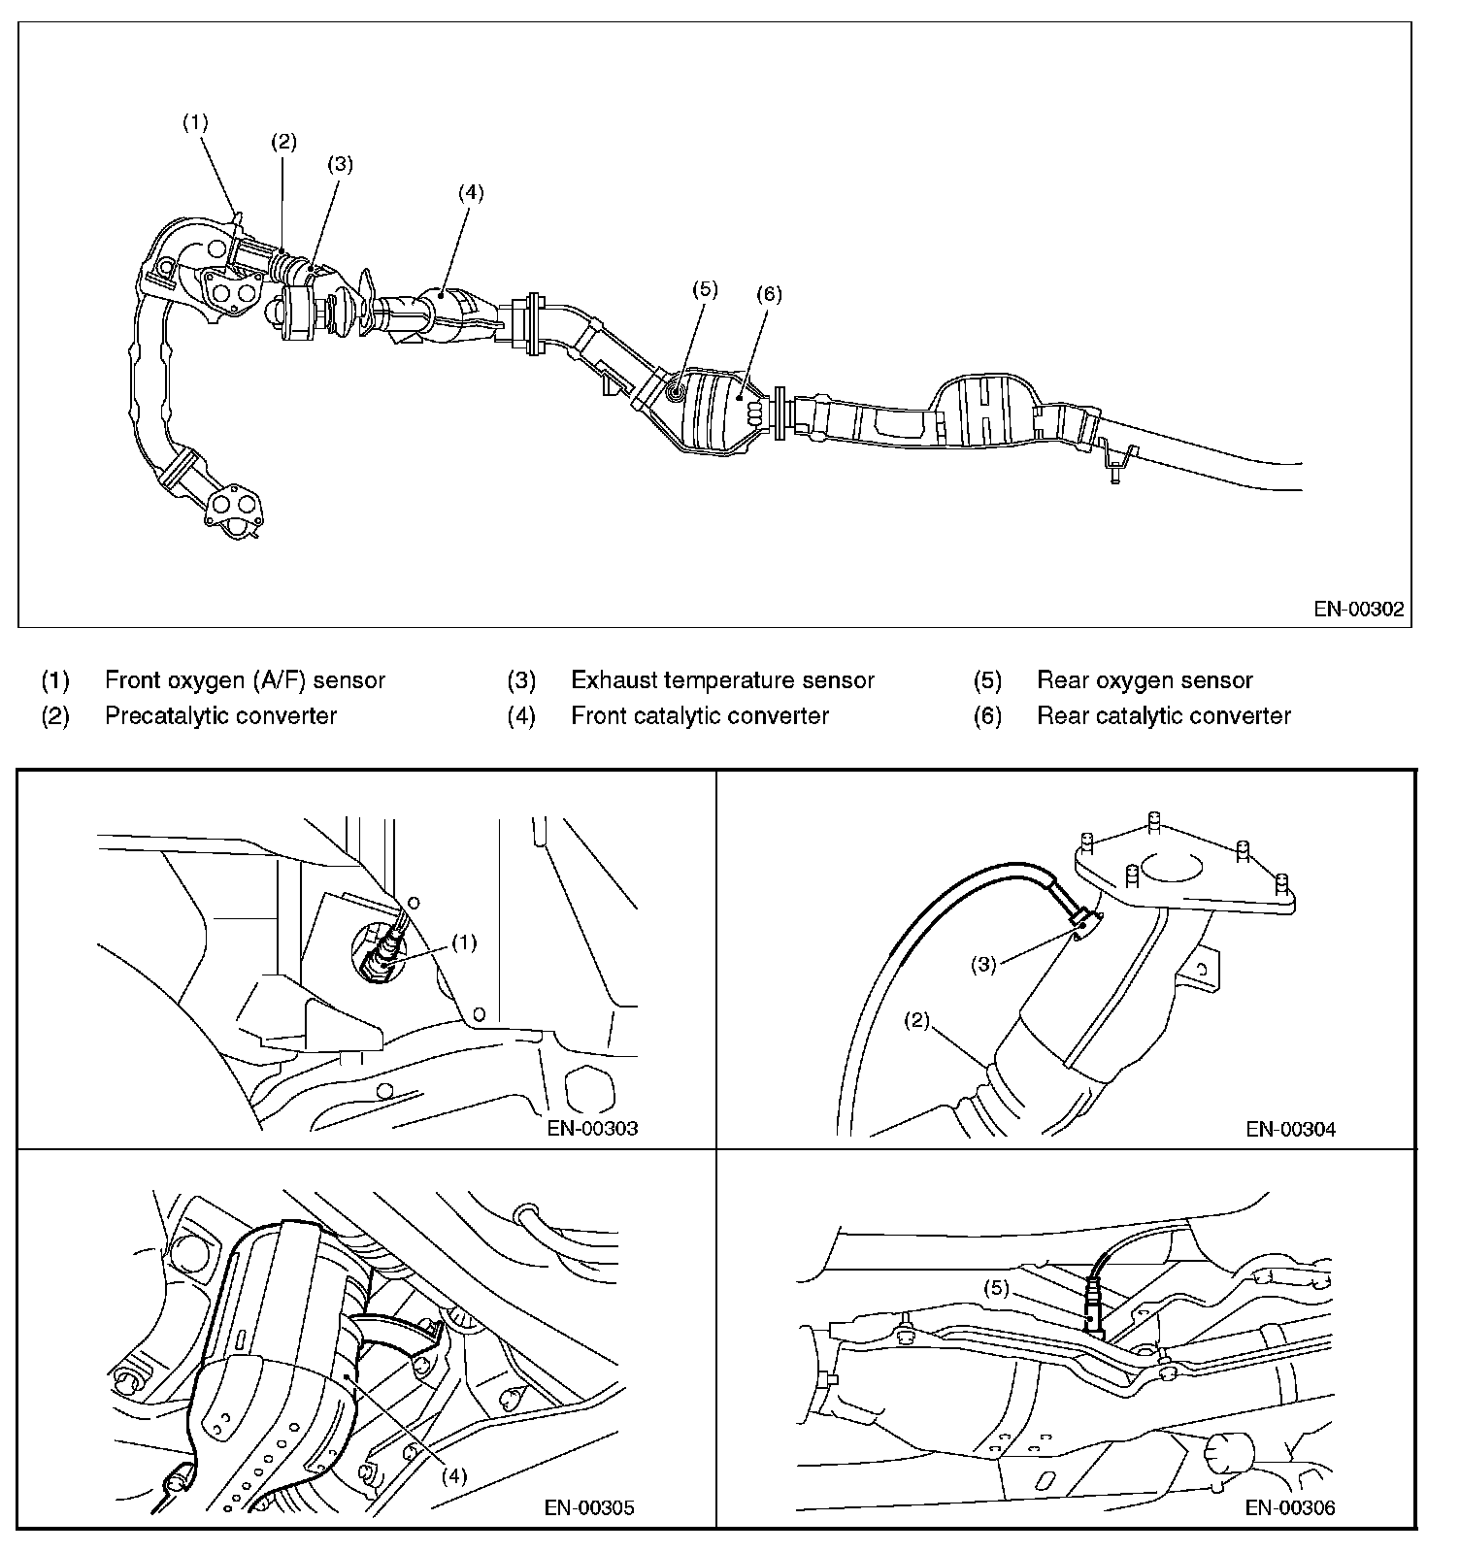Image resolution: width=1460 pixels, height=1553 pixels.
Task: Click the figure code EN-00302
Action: [1359, 610]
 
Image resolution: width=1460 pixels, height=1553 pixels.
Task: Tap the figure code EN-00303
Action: [592, 1128]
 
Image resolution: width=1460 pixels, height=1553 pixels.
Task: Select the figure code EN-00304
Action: [1291, 1128]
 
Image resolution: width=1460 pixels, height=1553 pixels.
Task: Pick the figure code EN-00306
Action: [1290, 1507]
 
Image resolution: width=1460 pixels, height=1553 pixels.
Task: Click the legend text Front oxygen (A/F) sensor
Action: [245, 680]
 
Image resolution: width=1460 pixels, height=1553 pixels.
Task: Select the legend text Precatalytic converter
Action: [220, 716]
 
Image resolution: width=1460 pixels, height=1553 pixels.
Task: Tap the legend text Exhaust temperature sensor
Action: [722, 680]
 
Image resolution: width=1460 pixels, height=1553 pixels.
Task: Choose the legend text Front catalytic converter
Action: [700, 716]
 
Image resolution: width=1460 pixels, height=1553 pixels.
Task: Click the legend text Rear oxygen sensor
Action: [1145, 680]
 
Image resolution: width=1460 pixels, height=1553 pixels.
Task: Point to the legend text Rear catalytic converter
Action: [1164, 716]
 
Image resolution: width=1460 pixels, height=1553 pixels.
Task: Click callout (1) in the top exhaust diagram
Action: [195, 122]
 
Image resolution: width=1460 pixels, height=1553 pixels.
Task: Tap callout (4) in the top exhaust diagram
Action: [470, 191]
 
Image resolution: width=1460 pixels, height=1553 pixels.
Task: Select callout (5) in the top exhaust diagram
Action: [704, 288]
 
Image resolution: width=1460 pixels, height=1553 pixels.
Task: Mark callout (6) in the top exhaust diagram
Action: [768, 293]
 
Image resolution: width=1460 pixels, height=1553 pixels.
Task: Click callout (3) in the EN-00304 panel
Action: [984, 965]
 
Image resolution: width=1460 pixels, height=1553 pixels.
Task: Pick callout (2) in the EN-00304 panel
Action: [917, 1020]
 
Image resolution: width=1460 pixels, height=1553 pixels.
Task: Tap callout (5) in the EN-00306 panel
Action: [997, 1289]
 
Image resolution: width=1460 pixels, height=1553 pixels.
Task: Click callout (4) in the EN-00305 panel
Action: [454, 1475]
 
